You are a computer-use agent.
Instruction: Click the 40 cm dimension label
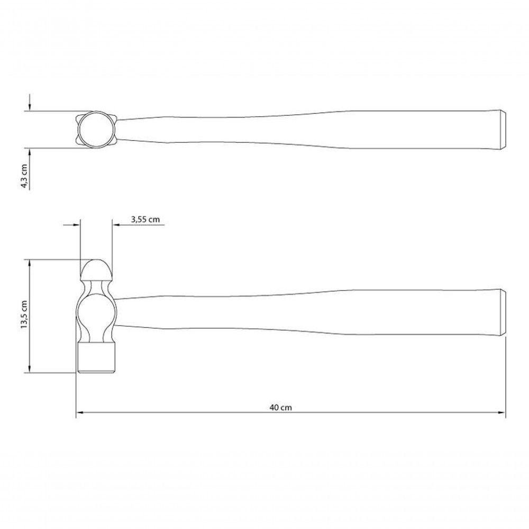point(280,407)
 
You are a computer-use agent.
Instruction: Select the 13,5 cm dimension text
point(24,314)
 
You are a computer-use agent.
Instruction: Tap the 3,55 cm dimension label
point(145,220)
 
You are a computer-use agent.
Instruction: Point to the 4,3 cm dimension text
point(24,176)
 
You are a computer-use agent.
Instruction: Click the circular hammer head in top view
point(97,130)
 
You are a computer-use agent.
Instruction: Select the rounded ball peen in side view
point(97,268)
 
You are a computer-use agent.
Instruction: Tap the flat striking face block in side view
point(97,358)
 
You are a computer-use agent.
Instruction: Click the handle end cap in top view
point(502,130)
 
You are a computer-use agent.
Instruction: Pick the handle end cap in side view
point(502,312)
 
